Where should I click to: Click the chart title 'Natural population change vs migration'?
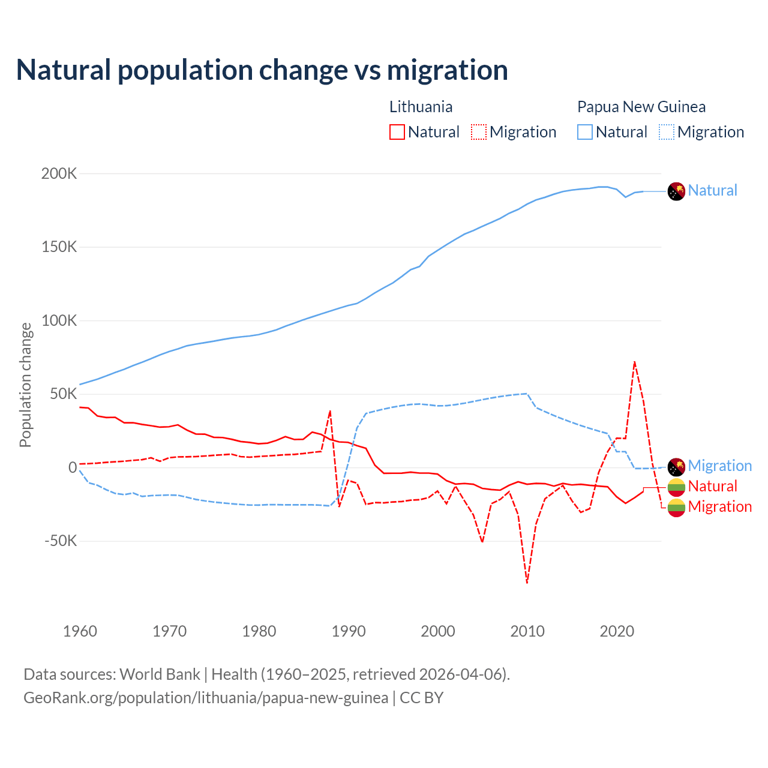[262, 70]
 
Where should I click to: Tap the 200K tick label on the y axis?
[59, 174]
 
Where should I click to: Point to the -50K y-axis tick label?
[61, 541]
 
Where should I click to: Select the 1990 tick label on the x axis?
[349, 631]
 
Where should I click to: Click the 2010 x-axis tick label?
[527, 631]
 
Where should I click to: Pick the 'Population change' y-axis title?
[25, 385]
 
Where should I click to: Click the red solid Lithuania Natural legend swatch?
[397, 132]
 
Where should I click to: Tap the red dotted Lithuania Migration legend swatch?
[479, 132]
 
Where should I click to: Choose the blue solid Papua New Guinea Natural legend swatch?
[585, 132]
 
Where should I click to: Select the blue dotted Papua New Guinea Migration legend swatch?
[667, 132]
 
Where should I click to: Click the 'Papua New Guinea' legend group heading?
[641, 107]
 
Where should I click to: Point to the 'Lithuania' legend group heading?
[421, 107]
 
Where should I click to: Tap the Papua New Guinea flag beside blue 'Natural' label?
[676, 191]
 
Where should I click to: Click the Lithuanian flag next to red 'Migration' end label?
[676, 508]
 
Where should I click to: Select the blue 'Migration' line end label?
[719, 466]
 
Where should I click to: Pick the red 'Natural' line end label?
[712, 486]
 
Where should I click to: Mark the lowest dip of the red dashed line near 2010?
[527, 582]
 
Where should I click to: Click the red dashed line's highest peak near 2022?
[634, 362]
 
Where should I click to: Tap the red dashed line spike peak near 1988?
[330, 411]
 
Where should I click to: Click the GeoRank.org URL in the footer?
[206, 698]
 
